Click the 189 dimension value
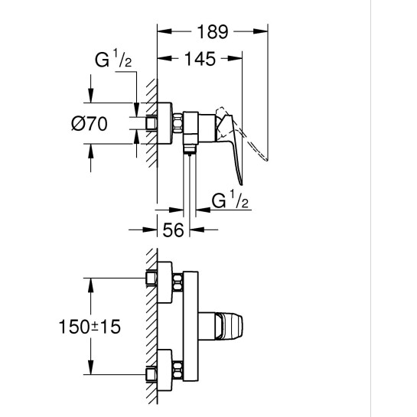pos(213,32)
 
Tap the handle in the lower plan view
pos(230,326)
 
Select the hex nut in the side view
pos(178,122)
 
